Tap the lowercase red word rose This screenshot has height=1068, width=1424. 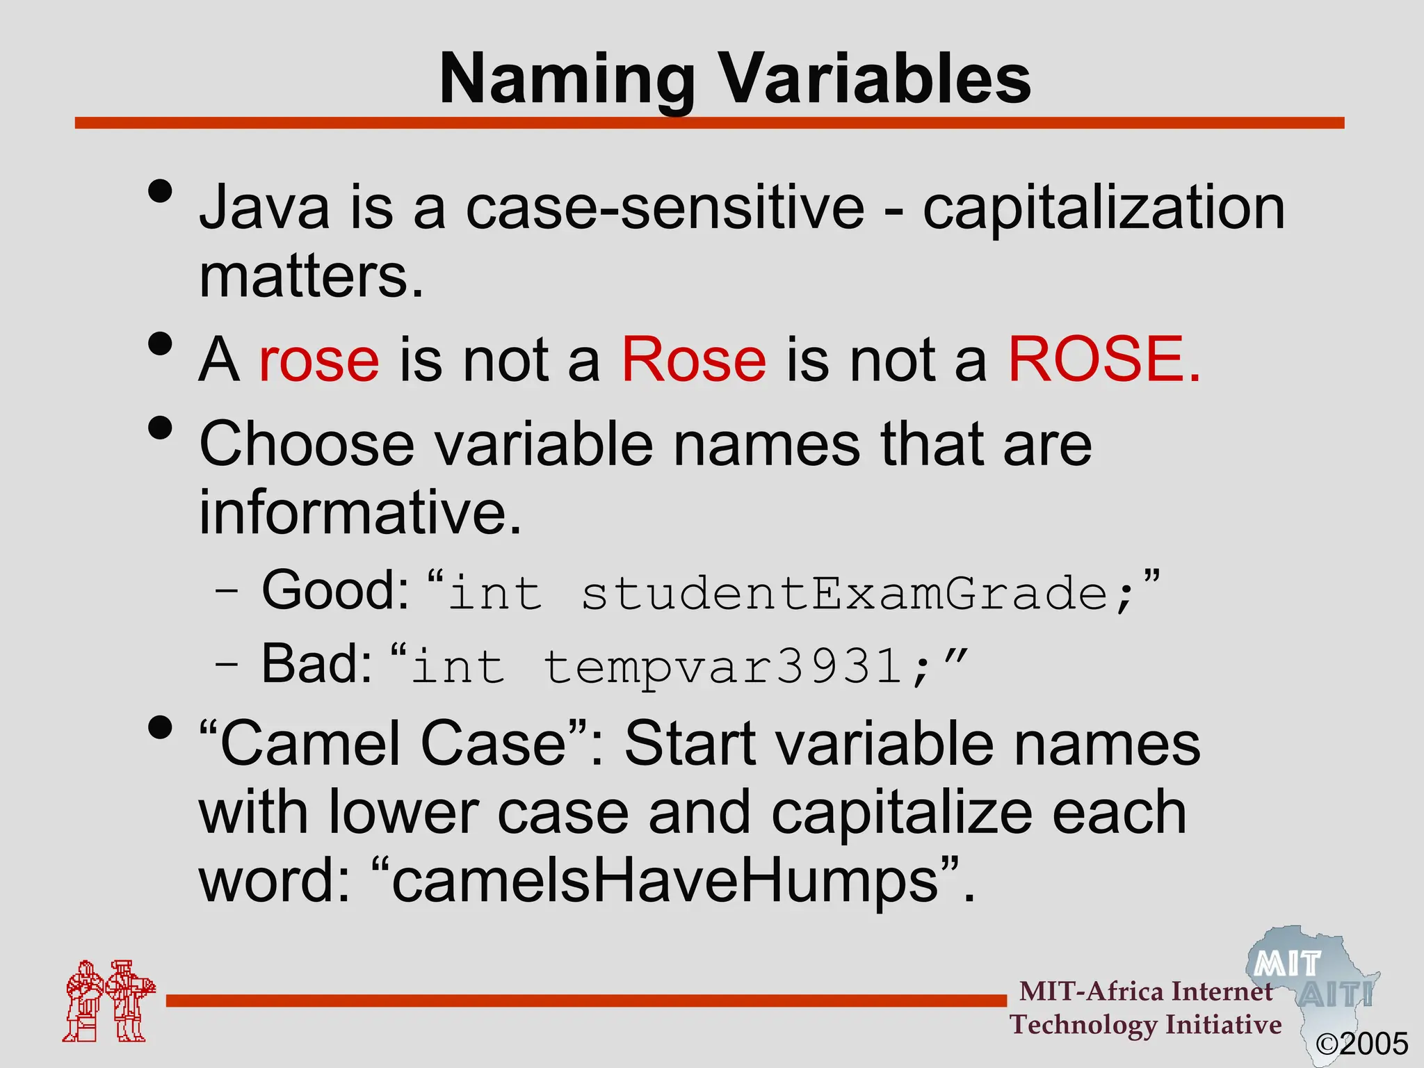[x=319, y=360]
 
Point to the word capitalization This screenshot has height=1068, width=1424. [x=1103, y=209]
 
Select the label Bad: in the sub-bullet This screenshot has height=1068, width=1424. [x=317, y=664]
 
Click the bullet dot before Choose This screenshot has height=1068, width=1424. [x=160, y=428]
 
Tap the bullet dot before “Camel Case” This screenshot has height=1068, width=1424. [x=160, y=728]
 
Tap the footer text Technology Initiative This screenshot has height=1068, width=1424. [x=1146, y=1025]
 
